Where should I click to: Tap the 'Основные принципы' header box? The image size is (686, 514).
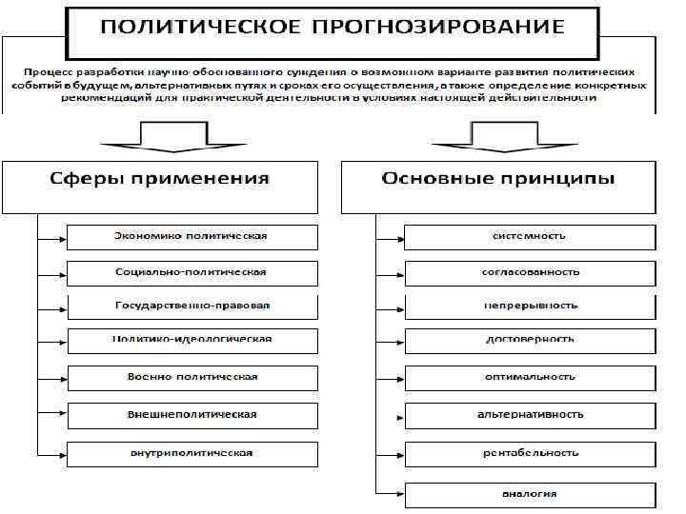[498, 187]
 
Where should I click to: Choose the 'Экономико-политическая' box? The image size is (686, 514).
[192, 236]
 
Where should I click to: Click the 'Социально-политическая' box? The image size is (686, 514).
[192, 271]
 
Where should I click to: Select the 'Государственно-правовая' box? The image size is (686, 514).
[192, 306]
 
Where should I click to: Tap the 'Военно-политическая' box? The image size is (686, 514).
[192, 377]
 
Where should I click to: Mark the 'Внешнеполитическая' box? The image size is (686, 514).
[192, 415]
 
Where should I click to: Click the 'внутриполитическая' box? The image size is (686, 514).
[192, 453]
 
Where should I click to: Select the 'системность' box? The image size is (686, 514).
[530, 236]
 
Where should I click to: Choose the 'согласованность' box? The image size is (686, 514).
[530, 272]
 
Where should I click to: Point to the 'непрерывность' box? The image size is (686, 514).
[530, 306]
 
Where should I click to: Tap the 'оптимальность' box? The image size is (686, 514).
[530, 377]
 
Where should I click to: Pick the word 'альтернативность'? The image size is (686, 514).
[530, 415]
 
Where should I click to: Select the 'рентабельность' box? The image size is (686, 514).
[530, 453]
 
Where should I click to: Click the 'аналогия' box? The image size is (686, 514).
[530, 494]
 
